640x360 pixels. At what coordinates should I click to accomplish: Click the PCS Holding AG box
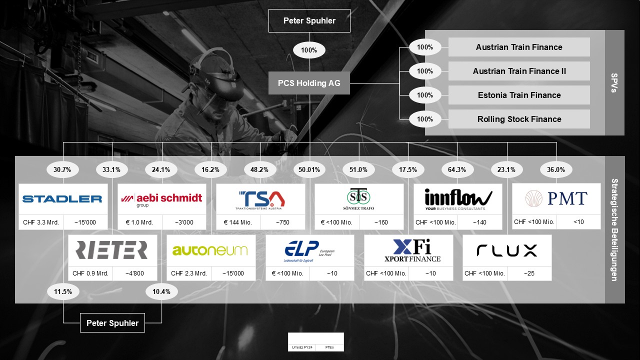309,83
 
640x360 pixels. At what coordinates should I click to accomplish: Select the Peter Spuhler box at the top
309,21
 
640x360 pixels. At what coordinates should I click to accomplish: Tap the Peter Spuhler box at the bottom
112,323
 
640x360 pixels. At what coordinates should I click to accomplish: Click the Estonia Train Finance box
519,95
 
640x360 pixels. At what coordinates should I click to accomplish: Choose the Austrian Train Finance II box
519,71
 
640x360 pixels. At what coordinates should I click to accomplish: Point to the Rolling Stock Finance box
519,119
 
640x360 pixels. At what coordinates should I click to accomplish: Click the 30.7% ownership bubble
62,169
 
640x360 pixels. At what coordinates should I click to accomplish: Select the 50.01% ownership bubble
309,169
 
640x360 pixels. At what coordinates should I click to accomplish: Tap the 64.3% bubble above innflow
457,169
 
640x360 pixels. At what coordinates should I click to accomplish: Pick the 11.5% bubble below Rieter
63,291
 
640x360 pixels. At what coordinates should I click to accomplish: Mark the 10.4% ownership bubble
161,291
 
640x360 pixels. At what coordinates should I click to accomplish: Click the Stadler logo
62,199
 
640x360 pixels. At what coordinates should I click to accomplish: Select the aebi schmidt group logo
161,199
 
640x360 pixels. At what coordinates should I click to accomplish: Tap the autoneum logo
210,250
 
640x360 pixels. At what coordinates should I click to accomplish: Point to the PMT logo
556,198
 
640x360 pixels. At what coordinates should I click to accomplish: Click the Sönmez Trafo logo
358,199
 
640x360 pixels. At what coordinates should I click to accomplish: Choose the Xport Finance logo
408,250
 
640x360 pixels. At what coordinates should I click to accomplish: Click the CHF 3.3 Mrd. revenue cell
41,222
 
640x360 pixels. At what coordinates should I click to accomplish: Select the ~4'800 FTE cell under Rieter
134,273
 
